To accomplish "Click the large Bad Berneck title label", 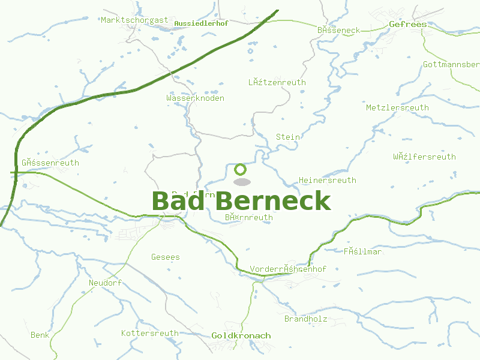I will point(241,201).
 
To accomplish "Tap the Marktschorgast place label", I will point(134,20).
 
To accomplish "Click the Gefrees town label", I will point(407,25).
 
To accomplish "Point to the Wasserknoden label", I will point(196,98).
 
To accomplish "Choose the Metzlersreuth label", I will point(397,107).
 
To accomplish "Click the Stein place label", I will point(287,137).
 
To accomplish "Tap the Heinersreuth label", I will point(327,180).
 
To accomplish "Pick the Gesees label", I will point(165,257).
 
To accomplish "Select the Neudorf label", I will point(105,283).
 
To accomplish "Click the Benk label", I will point(40,335).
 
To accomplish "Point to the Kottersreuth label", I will point(150,333).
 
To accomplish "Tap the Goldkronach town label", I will point(241,336).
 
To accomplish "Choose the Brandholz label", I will point(305,319).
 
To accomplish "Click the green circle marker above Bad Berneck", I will point(241,169).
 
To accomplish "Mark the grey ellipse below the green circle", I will point(241,182).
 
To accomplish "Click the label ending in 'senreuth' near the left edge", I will point(50,163).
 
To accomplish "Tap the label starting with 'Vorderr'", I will point(287,269).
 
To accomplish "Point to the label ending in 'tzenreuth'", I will point(277,82).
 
